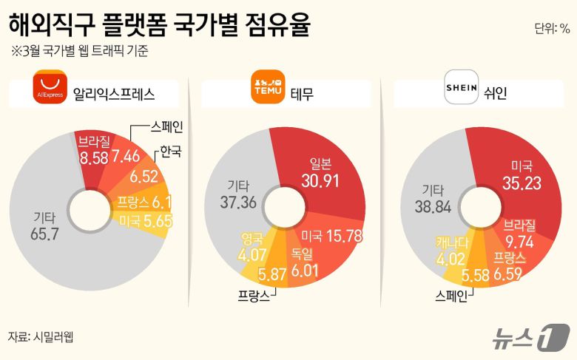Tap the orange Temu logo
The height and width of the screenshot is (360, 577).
click(x=269, y=86)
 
